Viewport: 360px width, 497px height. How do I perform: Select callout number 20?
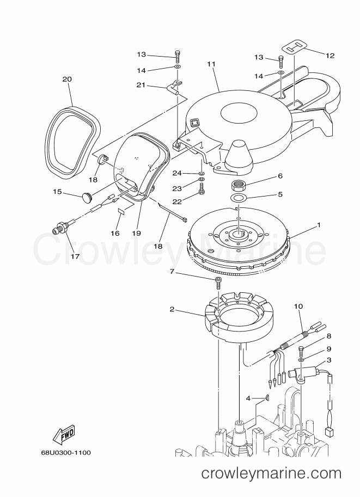coord(67,79)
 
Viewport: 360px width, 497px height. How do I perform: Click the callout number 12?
coord(330,56)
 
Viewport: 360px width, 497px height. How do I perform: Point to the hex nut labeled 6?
coord(239,184)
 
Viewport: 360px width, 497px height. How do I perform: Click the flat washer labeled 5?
coord(238,199)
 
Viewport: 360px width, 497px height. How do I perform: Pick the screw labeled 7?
coord(218,283)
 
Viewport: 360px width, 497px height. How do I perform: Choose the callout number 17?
coord(75,256)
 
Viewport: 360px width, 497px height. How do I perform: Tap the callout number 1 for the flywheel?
coord(319,225)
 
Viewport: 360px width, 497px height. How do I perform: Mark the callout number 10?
coord(298,306)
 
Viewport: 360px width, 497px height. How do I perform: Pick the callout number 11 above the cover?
coord(211,64)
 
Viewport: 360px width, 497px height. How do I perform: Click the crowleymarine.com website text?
coord(271,482)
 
